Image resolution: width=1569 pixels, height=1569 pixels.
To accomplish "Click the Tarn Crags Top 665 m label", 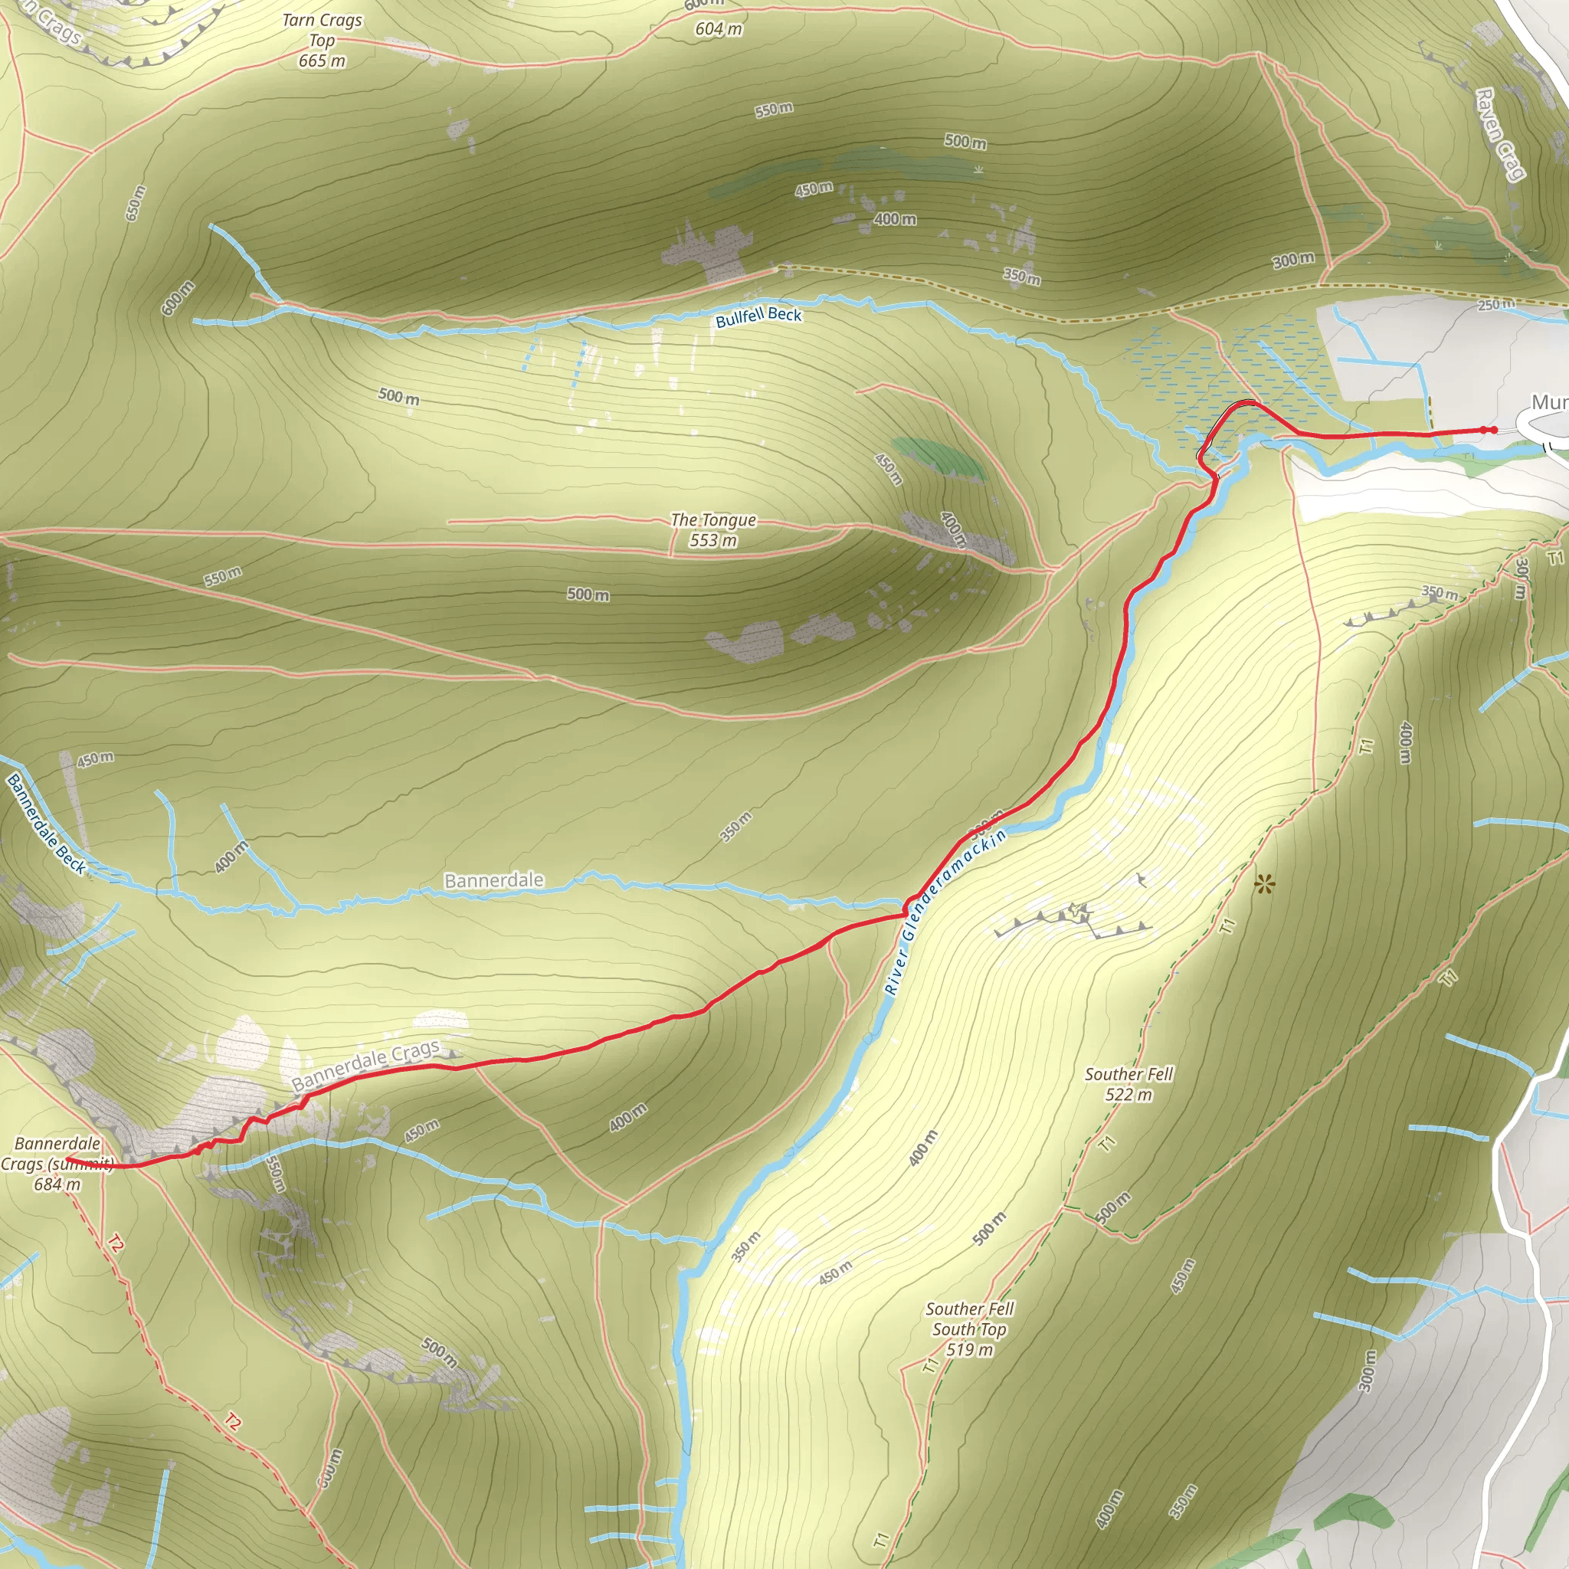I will tap(323, 41).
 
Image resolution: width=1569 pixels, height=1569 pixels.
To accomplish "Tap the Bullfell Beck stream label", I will tap(758, 316).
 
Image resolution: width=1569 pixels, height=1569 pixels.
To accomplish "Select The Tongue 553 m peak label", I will tap(713, 529).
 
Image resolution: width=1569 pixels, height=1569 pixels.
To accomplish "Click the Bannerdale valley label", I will tap(494, 880).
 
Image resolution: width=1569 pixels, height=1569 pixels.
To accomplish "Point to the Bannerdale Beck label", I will tap(46, 824).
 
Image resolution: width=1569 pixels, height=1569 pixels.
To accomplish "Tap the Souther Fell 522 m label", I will tap(1128, 1083).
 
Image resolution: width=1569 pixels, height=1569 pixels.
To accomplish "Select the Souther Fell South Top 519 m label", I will tap(970, 1328).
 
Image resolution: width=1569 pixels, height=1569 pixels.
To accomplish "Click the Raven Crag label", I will tap(1500, 134).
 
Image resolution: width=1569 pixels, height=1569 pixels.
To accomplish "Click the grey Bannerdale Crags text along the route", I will tap(365, 1065).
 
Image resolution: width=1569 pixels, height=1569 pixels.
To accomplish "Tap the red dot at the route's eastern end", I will tap(1493, 430).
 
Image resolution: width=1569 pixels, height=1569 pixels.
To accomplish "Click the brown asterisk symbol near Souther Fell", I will tap(1263, 884).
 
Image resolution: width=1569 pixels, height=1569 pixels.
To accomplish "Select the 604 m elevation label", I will tap(718, 29).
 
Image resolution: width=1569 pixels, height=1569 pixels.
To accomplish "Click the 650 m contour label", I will tap(136, 203).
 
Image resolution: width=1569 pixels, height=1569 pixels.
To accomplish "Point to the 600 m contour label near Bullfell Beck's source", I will tap(178, 298).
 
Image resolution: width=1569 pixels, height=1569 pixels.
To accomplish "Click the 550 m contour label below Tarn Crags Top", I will tap(773, 110).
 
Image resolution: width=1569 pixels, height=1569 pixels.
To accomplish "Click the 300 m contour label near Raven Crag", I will tap(1293, 260).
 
